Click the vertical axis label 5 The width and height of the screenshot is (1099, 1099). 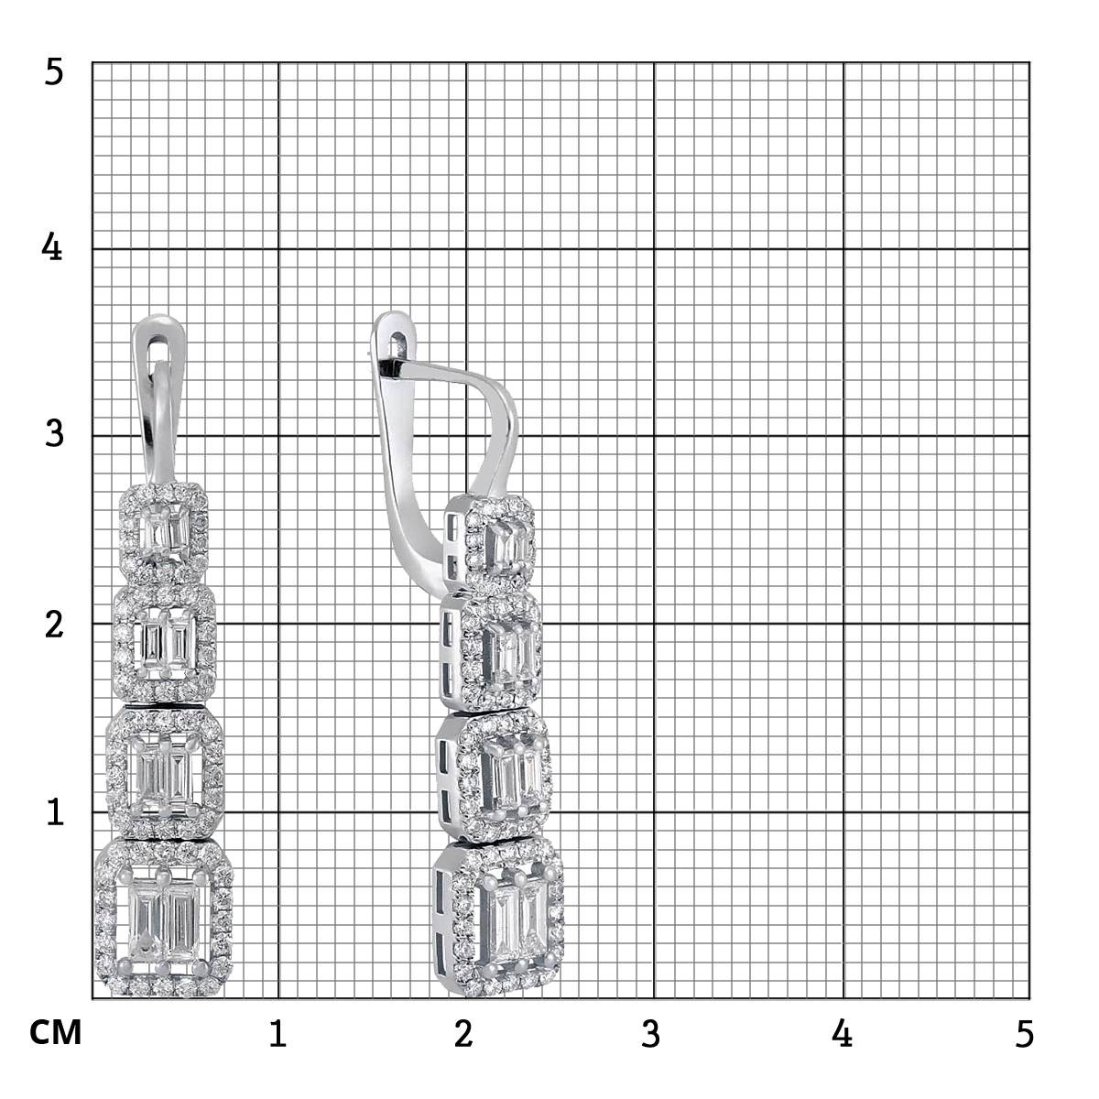pos(54,72)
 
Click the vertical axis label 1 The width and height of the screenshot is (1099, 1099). pos(55,811)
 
